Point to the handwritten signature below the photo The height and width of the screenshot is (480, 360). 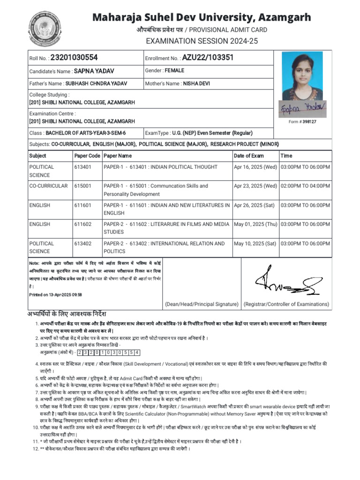pos(302,108)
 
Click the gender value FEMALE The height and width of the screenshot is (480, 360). pos(174,71)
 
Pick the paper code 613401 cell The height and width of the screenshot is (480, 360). pos(81,167)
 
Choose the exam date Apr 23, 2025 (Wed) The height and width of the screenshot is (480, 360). pos(255,186)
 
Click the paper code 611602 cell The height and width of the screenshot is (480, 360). pos(81,225)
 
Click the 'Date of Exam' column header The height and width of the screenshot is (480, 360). pos(248,156)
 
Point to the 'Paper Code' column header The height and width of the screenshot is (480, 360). pos(87,156)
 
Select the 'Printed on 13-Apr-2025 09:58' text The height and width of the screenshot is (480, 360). pos(55,294)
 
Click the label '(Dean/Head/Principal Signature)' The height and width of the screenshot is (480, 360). pos(201,304)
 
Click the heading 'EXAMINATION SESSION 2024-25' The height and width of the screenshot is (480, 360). pos(202,41)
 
